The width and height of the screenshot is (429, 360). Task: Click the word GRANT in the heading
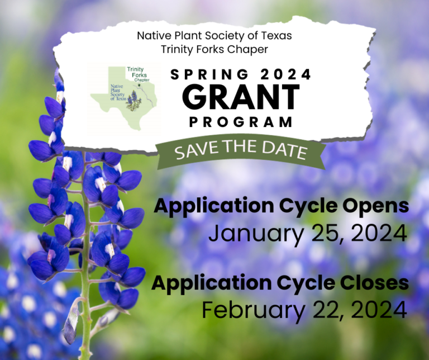[241, 97]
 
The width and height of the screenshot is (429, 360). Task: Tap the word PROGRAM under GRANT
[241, 122]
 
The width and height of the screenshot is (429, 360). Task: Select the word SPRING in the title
[203, 74]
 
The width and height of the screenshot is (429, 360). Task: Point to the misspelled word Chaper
[251, 49]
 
